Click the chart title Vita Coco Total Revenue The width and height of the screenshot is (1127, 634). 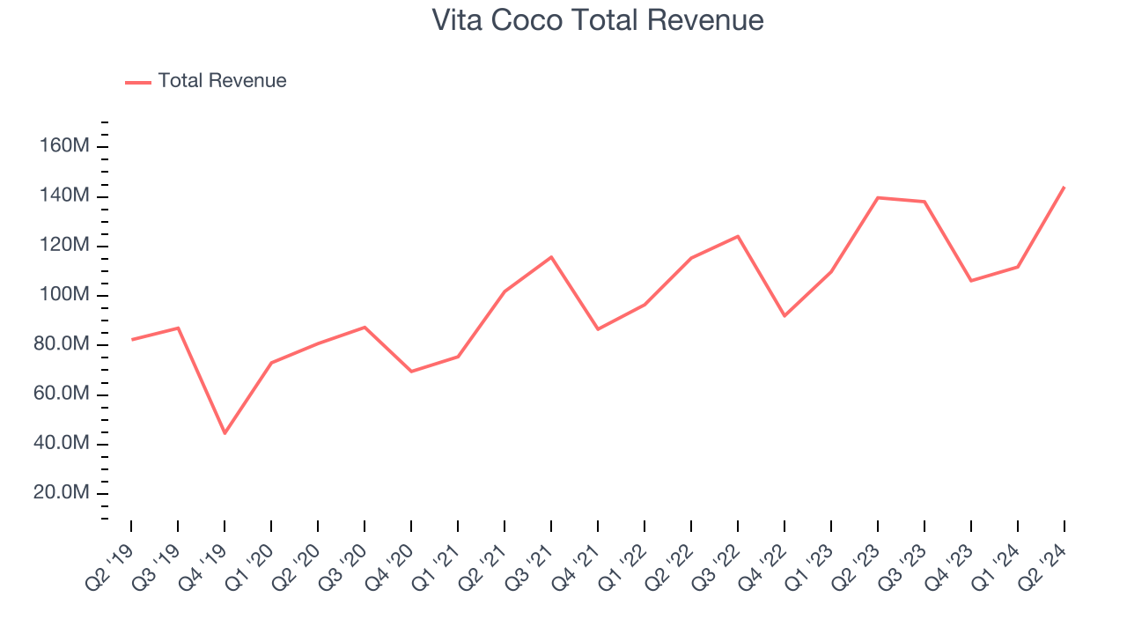[x=598, y=20]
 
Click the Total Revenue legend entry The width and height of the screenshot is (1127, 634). [x=222, y=81]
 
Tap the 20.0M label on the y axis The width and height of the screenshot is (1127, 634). [x=62, y=492]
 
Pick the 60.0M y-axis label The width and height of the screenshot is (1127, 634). [x=62, y=394]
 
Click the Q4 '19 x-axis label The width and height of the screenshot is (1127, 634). [x=209, y=559]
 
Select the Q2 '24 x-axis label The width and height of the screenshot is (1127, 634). [x=1048, y=559]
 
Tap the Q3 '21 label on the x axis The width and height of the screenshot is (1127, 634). [x=534, y=559]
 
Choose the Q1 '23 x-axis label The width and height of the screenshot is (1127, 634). [x=814, y=559]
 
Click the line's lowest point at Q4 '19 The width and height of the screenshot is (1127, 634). [x=225, y=433]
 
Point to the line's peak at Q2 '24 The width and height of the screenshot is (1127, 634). [x=1064, y=187]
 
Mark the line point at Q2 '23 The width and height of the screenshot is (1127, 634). [x=878, y=197]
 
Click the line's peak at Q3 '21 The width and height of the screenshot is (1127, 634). [x=551, y=257]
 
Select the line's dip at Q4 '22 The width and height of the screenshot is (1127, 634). [x=784, y=315]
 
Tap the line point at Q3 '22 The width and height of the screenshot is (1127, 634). [x=738, y=236]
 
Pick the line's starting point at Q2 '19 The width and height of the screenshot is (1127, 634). [x=132, y=339]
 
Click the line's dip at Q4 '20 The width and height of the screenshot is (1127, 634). [x=411, y=372]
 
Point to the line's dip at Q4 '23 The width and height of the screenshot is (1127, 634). [x=971, y=281]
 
